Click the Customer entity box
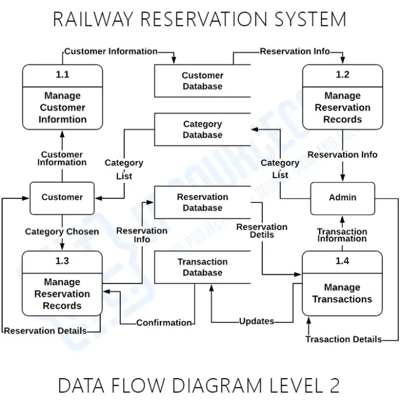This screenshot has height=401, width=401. [62, 198]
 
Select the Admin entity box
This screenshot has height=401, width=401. [343, 198]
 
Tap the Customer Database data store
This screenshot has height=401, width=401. [203, 81]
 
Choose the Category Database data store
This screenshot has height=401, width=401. [203, 129]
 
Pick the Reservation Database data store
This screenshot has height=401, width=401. [203, 202]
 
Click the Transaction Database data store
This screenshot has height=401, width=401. [203, 268]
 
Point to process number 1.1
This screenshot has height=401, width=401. [62, 74]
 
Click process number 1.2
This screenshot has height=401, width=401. [343, 74]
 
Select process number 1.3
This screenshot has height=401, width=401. [62, 261]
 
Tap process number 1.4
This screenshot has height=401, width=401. [342, 261]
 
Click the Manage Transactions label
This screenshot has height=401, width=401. [342, 293]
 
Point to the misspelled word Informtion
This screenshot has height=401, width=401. [62, 119]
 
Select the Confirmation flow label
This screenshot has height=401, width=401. [164, 323]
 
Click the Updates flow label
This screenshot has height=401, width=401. [257, 321]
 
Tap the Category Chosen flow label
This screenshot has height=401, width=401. [62, 231]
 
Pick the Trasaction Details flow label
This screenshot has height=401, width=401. [344, 339]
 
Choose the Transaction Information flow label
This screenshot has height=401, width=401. [342, 235]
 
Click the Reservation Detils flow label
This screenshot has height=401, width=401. [262, 231]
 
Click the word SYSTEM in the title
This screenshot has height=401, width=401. [310, 19]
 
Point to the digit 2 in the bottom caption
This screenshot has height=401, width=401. [334, 386]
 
